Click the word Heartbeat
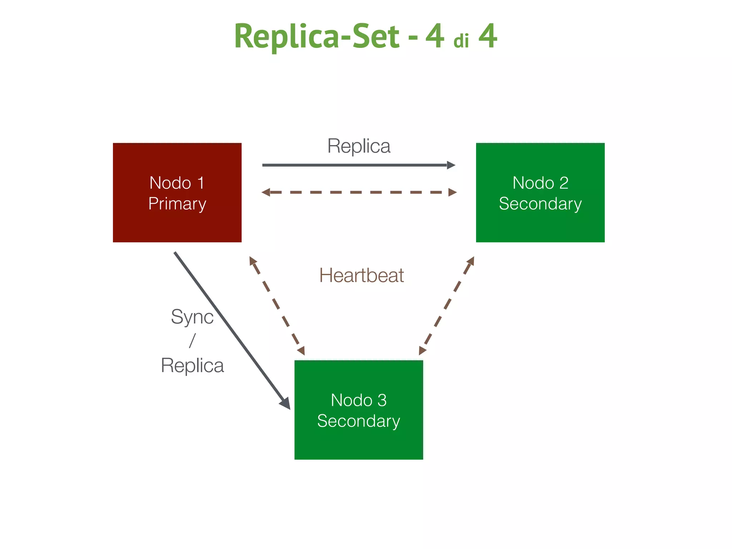click(x=361, y=276)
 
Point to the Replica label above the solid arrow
click(x=359, y=146)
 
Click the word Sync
click(x=192, y=317)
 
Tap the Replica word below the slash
click(x=192, y=365)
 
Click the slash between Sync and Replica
click(x=192, y=340)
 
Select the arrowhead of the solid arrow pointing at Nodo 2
click(x=451, y=165)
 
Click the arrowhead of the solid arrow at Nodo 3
click(x=286, y=404)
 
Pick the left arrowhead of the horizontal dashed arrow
click(x=266, y=192)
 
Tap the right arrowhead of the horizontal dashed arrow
click(x=452, y=192)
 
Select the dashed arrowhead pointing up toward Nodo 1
click(x=253, y=260)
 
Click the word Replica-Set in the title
click(x=317, y=36)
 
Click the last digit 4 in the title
click(x=488, y=36)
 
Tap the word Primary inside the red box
click(x=177, y=204)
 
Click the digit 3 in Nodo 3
click(x=382, y=400)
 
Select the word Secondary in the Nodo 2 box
click(x=540, y=204)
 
